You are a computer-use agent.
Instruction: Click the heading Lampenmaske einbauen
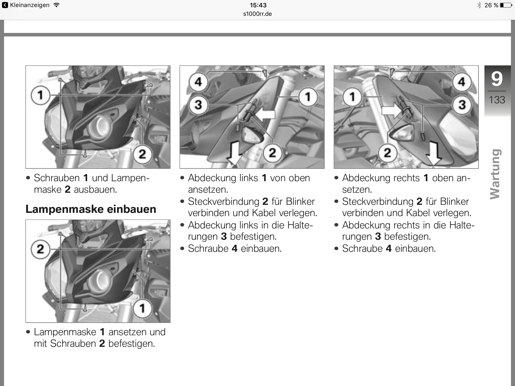pyautogui.click(x=91, y=209)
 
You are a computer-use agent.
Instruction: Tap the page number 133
pyautogui.click(x=497, y=100)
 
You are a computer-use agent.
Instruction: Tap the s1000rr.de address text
pyautogui.click(x=257, y=14)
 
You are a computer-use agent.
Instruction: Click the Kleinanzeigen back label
pyautogui.click(x=29, y=5)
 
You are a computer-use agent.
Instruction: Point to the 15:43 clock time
pyautogui.click(x=258, y=5)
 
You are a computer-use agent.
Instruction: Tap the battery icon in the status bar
pyautogui.click(x=505, y=5)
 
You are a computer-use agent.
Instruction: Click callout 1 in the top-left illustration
pyautogui.click(x=40, y=95)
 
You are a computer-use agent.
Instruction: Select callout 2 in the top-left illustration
pyautogui.click(x=142, y=154)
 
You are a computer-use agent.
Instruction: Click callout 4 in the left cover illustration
pyautogui.click(x=198, y=82)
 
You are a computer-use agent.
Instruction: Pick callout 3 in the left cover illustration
pyautogui.click(x=198, y=105)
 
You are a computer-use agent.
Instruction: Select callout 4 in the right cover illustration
pyautogui.click(x=461, y=82)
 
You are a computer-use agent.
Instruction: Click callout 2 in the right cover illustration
pyautogui.click(x=387, y=153)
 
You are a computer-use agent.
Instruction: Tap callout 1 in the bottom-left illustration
pyautogui.click(x=142, y=308)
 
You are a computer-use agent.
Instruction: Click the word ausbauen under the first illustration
pyautogui.click(x=95, y=189)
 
